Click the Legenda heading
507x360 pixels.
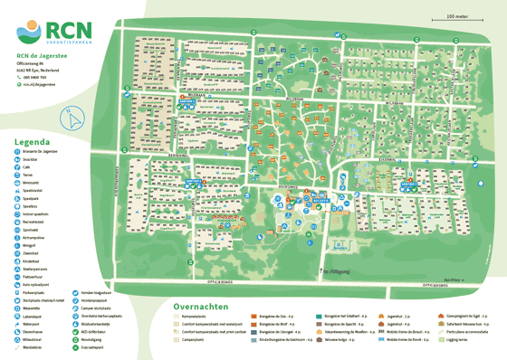[32, 142]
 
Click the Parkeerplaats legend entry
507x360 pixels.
[33, 293]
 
